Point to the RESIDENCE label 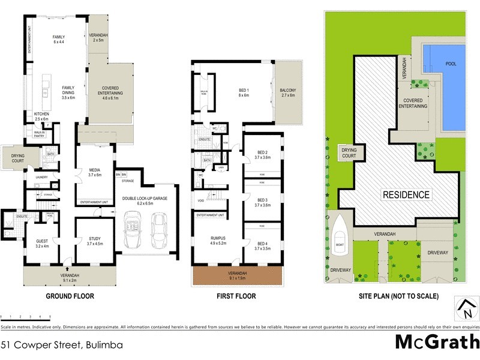(407, 194)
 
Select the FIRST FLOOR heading (236, 296)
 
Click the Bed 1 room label (243, 93)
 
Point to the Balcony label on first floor (287, 93)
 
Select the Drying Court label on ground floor (14, 160)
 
